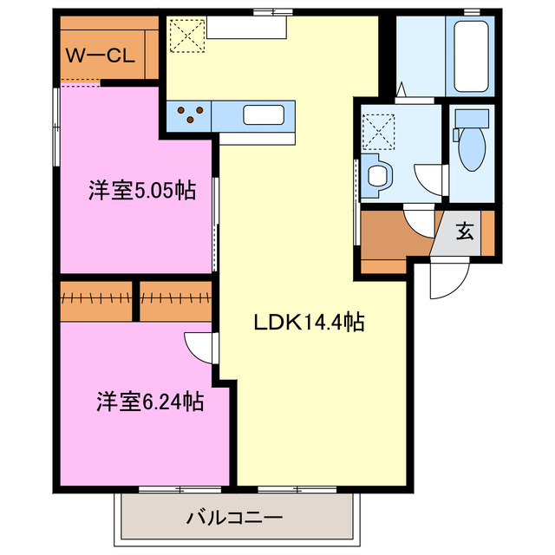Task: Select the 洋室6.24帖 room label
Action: click(x=150, y=402)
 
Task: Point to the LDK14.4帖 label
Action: click(x=308, y=323)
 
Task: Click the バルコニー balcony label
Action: click(x=234, y=519)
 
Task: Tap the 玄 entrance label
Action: click(x=466, y=232)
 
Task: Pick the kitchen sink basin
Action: click(x=261, y=114)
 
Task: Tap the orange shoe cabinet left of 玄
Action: click(x=395, y=238)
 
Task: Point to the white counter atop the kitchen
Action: click(x=245, y=29)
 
